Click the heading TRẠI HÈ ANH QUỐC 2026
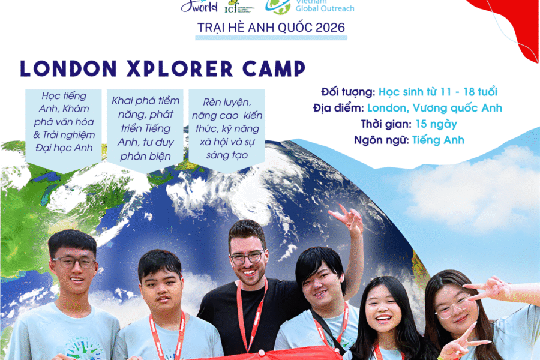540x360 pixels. tap(271, 28)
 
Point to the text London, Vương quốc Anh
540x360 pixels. tap(434, 108)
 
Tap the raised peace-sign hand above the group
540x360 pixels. tap(347, 217)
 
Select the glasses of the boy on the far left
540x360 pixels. tap(74, 262)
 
